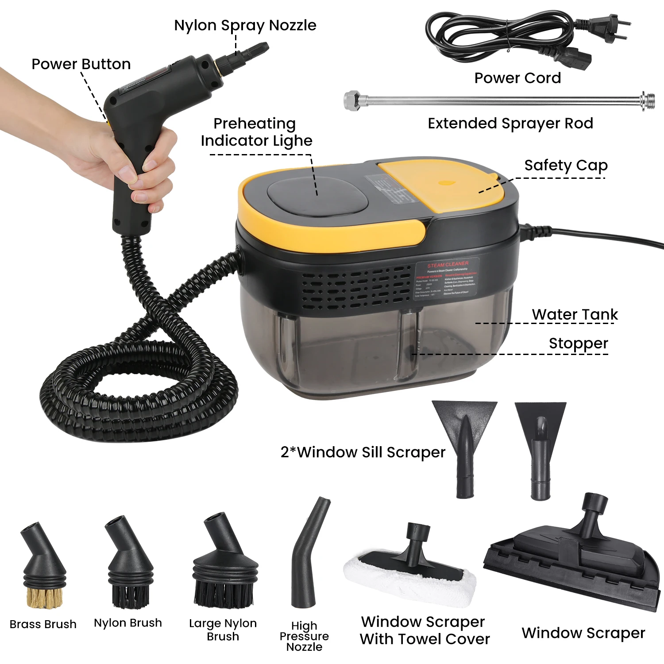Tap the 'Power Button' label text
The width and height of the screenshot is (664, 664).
(81, 64)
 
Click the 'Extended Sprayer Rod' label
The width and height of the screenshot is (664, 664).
(510, 124)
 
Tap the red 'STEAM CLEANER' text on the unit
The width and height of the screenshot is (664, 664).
(448, 264)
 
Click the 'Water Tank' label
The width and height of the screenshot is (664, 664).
(575, 314)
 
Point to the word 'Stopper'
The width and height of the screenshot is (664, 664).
(578, 344)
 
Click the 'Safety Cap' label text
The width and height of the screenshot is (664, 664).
(566, 165)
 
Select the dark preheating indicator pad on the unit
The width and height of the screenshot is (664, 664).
(317, 197)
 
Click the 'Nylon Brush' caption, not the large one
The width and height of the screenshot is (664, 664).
(128, 623)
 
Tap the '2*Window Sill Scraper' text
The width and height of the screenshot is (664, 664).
(363, 452)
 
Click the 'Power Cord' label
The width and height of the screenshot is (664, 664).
(517, 78)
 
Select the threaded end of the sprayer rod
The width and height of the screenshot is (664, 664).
(648, 101)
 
